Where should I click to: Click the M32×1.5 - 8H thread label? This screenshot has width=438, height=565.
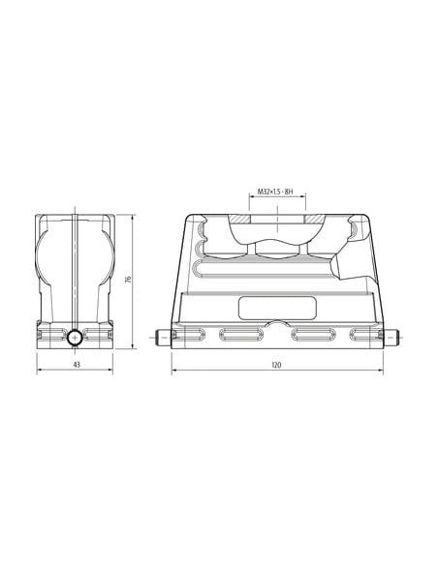(x=274, y=192)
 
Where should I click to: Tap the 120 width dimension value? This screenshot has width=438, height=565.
(x=276, y=365)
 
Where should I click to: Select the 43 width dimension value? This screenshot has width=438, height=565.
(x=77, y=365)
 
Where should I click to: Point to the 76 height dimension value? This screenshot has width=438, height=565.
(x=128, y=279)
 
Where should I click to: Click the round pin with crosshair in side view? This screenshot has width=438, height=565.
(x=75, y=338)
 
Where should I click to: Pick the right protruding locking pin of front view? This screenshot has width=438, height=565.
(x=391, y=338)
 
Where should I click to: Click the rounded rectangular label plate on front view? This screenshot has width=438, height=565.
(x=278, y=308)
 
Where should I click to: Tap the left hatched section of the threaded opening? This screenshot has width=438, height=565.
(x=240, y=219)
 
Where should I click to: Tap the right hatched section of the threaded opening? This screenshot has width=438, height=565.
(x=315, y=219)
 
